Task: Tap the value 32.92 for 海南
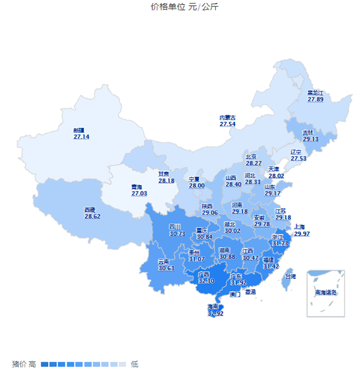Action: [215, 313]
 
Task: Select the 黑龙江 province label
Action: [315, 92]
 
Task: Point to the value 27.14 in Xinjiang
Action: [82, 137]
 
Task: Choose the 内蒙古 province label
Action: [227, 117]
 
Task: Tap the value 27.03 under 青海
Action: [139, 194]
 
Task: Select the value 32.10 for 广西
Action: [206, 280]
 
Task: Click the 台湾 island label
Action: [290, 277]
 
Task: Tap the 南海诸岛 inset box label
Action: [326, 293]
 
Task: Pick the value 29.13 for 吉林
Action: [310, 139]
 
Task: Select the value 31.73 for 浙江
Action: [280, 244]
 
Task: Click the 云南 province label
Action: [164, 261]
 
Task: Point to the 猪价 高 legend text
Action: [24, 364]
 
